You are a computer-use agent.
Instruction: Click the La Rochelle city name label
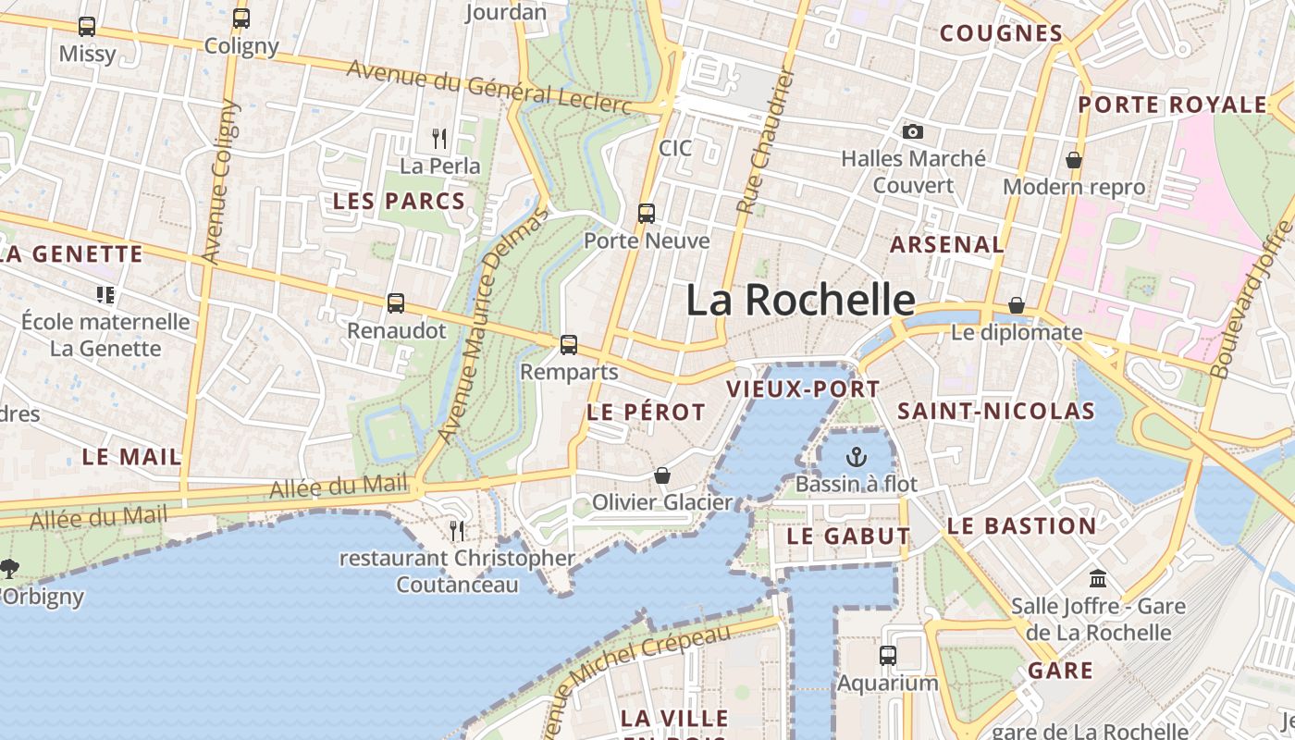(x=801, y=300)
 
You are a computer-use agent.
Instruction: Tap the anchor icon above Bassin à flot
(x=857, y=456)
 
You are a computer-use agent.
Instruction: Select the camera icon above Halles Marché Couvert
(x=913, y=131)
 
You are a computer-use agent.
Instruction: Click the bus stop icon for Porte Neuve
(x=647, y=214)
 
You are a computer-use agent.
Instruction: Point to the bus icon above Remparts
(x=569, y=345)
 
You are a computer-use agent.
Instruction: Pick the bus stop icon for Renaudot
(x=396, y=302)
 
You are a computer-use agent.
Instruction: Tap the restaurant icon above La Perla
(x=440, y=139)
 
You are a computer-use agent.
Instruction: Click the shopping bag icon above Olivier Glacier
(x=662, y=475)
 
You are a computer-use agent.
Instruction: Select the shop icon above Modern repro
(x=1074, y=160)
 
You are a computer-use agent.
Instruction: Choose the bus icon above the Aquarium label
(x=888, y=655)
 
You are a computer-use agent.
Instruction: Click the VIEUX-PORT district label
(x=803, y=389)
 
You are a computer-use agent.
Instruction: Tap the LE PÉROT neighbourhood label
(x=646, y=413)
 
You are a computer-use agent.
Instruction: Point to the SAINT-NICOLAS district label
(x=996, y=411)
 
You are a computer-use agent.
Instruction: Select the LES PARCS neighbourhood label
(x=399, y=201)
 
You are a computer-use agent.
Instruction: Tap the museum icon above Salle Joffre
(x=1098, y=579)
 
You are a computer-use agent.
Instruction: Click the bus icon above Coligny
(x=241, y=18)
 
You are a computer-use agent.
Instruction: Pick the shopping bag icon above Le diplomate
(x=1017, y=305)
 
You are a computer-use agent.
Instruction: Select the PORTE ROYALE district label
(x=1172, y=105)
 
